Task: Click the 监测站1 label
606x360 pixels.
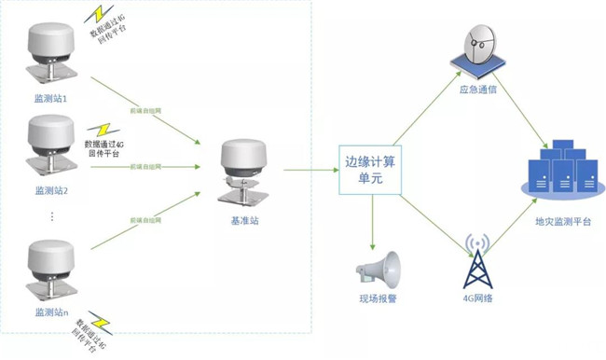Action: click(x=51, y=97)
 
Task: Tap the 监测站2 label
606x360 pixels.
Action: click(x=51, y=190)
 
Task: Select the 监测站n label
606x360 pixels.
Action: click(x=51, y=312)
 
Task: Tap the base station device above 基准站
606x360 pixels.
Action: click(x=243, y=173)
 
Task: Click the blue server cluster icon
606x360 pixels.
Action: click(x=562, y=169)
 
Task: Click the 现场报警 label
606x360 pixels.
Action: click(x=378, y=299)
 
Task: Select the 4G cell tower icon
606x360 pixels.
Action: click(x=478, y=260)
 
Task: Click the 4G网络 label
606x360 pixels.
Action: click(x=477, y=299)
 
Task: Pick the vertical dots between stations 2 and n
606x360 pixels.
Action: click(x=52, y=217)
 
